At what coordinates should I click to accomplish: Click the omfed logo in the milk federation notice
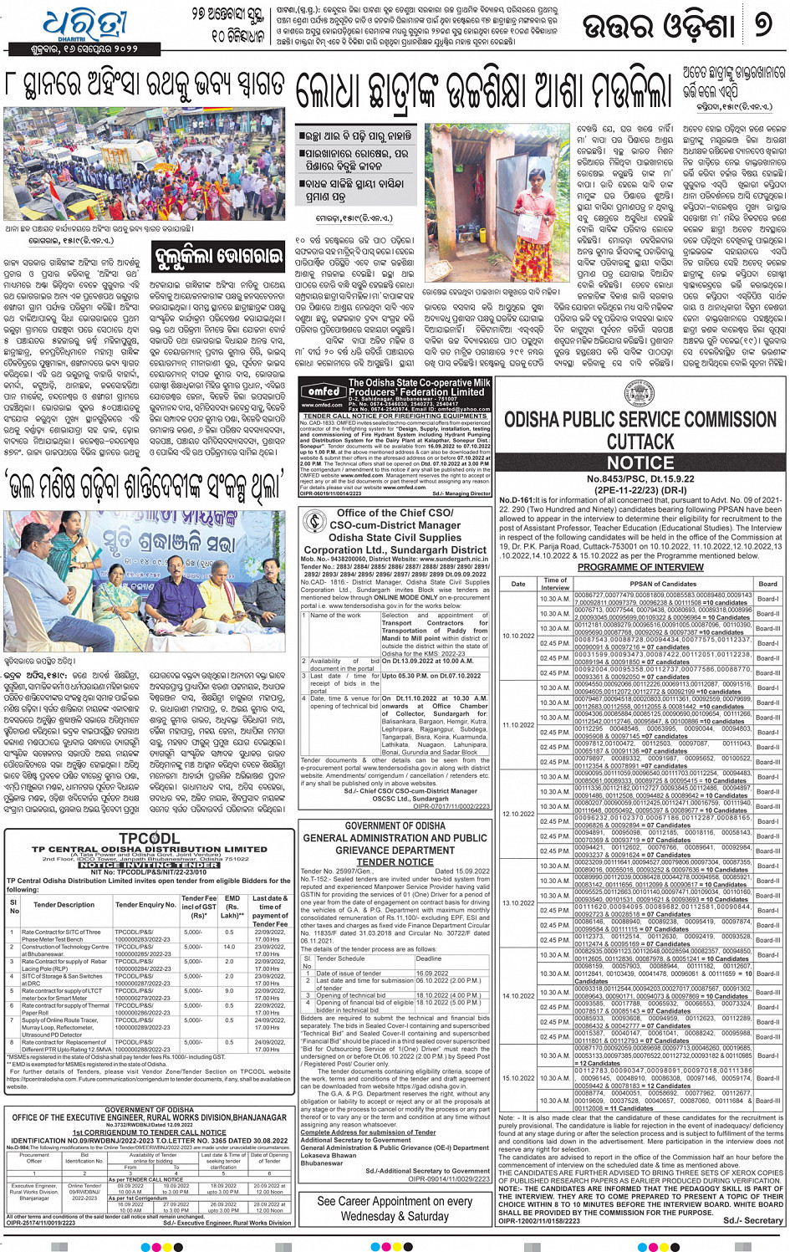click(322, 391)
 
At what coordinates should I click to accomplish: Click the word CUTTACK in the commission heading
click(640, 442)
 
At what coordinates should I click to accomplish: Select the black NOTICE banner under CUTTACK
click(640, 462)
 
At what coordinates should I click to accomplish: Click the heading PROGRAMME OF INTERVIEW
click(640, 567)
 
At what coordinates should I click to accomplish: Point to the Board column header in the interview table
click(767, 584)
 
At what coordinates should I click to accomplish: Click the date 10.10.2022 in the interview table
click(518, 636)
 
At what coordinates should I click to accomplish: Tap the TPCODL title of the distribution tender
click(149, 839)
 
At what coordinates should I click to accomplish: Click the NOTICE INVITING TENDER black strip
click(149, 865)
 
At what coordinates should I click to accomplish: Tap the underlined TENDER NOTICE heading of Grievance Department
click(395, 861)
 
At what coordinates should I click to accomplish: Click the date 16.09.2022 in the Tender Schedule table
click(431, 973)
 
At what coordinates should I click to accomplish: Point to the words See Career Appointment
click(395, 1201)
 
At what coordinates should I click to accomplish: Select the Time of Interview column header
click(555, 584)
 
